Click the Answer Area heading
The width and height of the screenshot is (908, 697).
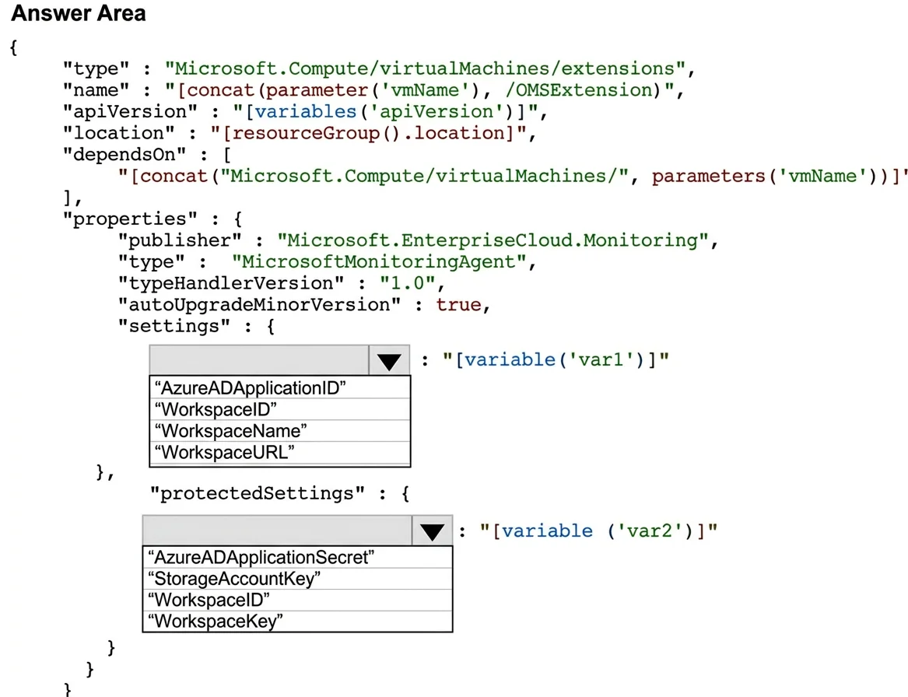click(78, 13)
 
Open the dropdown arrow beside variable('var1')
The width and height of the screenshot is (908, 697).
click(389, 361)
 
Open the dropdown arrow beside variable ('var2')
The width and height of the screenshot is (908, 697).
click(432, 531)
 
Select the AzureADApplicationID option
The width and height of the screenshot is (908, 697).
click(251, 388)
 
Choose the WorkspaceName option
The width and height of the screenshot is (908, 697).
click(230, 431)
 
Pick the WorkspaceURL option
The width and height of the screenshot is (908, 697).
click(225, 452)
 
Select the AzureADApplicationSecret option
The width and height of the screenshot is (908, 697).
click(261, 558)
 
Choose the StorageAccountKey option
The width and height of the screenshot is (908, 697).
click(234, 579)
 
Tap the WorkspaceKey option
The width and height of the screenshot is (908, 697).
click(216, 622)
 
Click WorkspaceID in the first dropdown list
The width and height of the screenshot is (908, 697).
click(216, 409)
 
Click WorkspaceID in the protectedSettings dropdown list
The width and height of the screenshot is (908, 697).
click(209, 600)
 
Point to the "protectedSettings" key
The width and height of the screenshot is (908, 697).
click(257, 494)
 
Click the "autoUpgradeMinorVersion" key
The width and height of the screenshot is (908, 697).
click(259, 305)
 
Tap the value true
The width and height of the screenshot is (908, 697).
click(458, 305)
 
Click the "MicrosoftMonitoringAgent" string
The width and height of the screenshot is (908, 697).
click(379, 262)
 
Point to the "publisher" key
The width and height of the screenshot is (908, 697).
click(180, 241)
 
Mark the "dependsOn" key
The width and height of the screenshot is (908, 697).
click(124, 155)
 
